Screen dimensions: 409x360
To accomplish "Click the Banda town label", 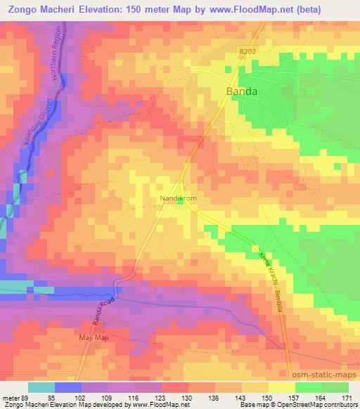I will (241, 91).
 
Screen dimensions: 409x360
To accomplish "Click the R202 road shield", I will (243, 51).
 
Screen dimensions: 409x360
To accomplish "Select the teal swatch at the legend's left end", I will (41, 387).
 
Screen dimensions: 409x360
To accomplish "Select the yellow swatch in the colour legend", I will (281, 387).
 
